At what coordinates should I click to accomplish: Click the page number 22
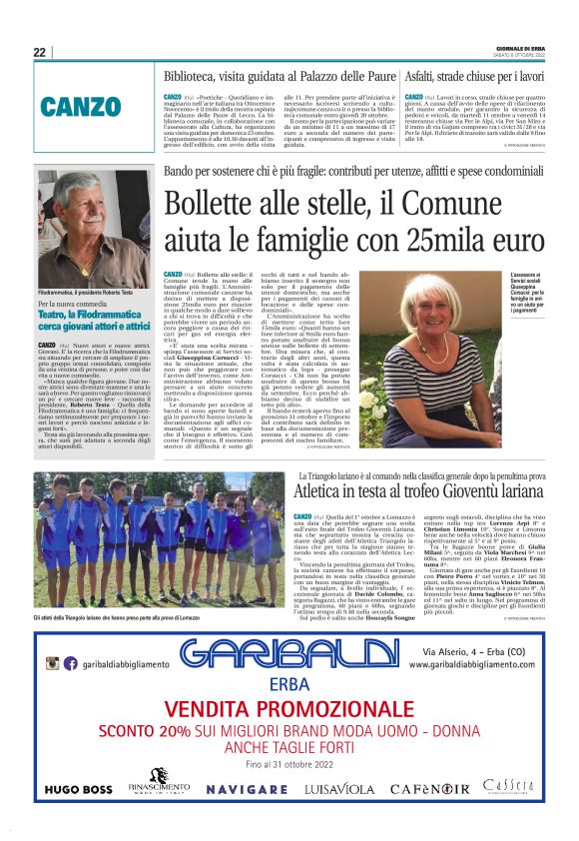pos(39,52)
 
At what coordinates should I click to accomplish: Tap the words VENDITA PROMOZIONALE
pos(289,709)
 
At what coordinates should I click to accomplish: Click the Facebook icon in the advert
pos(70,663)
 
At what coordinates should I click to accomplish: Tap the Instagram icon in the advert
pos(52,663)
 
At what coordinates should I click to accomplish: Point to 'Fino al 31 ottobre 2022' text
pos(289,764)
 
